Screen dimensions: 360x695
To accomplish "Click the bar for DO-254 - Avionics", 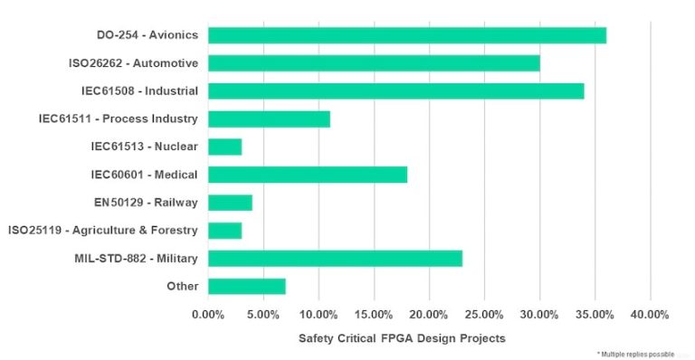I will [x=407, y=35].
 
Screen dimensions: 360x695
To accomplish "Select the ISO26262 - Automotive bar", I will [x=374, y=63].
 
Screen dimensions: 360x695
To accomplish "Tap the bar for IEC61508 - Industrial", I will [x=395, y=91].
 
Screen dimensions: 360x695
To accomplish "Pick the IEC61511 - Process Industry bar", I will [x=269, y=118].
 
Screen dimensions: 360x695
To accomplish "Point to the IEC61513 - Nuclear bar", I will [x=224, y=147].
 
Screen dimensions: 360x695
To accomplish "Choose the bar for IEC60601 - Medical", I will [x=308, y=175].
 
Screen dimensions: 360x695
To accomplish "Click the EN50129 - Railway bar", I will [x=230, y=203].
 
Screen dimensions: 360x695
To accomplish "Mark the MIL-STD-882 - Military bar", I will [x=335, y=259].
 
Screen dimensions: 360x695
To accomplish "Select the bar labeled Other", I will [x=246, y=287].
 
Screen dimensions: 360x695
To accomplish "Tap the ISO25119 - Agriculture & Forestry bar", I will [x=224, y=231].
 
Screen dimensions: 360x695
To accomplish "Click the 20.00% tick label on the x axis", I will [x=429, y=315].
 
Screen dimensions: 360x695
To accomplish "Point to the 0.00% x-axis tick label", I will [x=208, y=315].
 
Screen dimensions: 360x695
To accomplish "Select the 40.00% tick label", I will [x=650, y=315].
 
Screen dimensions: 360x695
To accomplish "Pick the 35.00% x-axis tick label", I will [x=595, y=315].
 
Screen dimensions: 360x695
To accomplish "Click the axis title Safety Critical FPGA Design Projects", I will [x=402, y=338].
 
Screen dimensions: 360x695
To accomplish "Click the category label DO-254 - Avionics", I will [x=148, y=35].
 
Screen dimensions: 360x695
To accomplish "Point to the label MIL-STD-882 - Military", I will [x=137, y=259].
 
